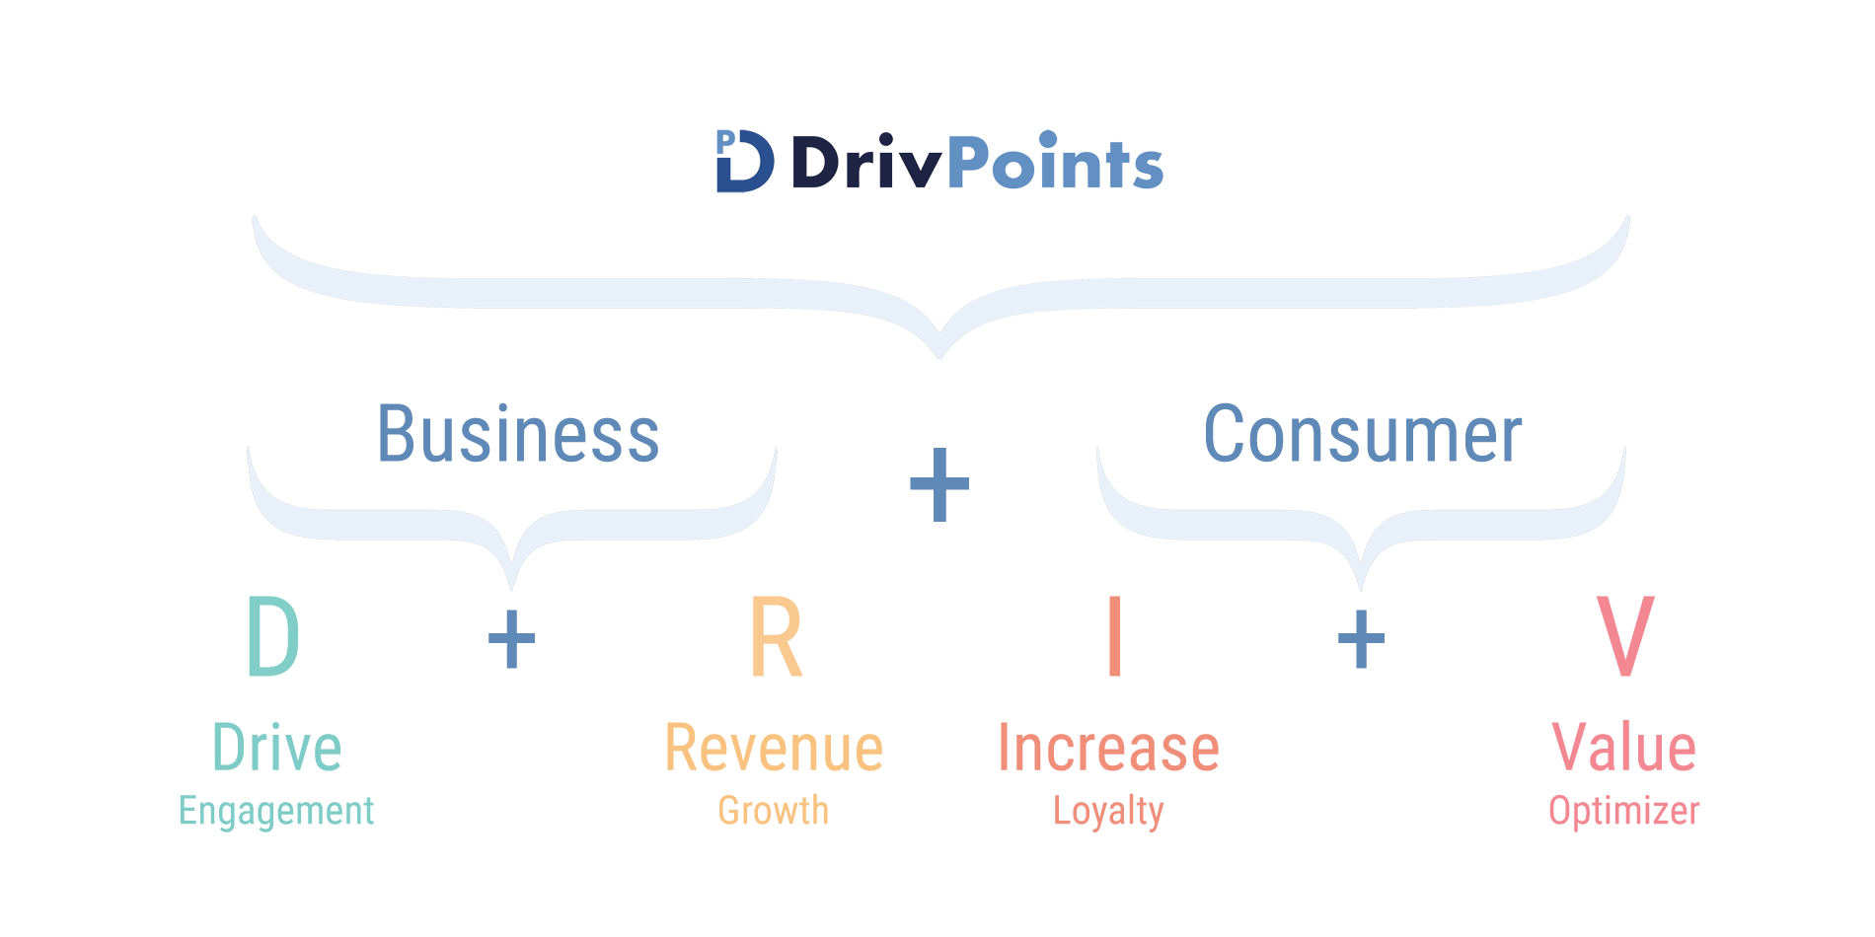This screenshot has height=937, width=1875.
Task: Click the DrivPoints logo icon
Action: pos(745,161)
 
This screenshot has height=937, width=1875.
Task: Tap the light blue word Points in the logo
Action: pos(1055,161)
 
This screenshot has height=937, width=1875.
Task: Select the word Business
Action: pos(518,434)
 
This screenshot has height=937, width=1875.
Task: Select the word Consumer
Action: pos(1363,434)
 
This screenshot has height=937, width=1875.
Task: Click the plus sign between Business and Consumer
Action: pos(939,484)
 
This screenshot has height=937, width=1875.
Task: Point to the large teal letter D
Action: pos(272,636)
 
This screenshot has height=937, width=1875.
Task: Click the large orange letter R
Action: pos(776,636)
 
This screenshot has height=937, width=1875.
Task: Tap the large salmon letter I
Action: pos(1115,636)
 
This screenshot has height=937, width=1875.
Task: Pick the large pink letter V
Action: pos(1624,636)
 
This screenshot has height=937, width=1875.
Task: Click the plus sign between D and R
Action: pos(511,639)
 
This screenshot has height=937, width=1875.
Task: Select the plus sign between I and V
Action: pos(1361,639)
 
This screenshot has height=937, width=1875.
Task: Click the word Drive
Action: pos(277,748)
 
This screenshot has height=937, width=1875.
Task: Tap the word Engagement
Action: pos(276,812)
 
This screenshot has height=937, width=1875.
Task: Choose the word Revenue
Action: pos(774,748)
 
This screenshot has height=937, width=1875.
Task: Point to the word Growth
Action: pos(774,811)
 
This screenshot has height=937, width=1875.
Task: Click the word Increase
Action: pos(1109,748)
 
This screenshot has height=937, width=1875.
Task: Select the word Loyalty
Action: pos(1108,812)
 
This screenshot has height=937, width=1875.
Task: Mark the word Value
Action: pos(1624,748)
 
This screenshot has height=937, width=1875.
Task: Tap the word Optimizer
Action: pos(1624,812)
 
